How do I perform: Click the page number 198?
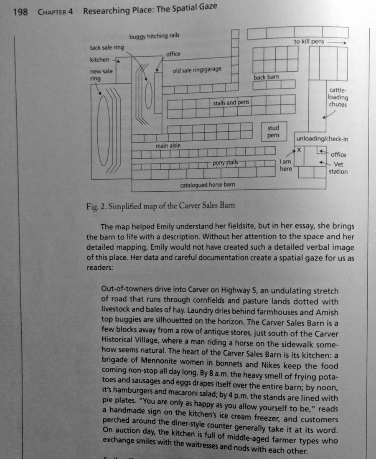[x=20, y=12]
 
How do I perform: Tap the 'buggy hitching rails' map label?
[x=154, y=36]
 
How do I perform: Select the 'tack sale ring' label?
[x=107, y=48]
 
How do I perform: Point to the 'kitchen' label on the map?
[x=99, y=60]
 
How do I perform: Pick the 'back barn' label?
[x=266, y=77]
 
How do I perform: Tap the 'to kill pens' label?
[x=309, y=42]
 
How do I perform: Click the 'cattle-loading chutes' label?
[x=338, y=97]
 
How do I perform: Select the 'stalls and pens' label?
[x=231, y=103]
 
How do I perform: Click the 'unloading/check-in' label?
[x=322, y=139]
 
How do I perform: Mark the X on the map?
[x=300, y=149]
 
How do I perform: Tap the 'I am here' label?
[x=286, y=165]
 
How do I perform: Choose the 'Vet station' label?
[x=338, y=168]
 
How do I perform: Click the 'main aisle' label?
[x=168, y=146]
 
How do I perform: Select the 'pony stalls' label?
[x=225, y=163]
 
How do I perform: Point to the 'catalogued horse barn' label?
[x=207, y=184]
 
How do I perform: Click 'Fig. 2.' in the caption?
[x=95, y=206]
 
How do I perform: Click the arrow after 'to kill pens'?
[x=336, y=43]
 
